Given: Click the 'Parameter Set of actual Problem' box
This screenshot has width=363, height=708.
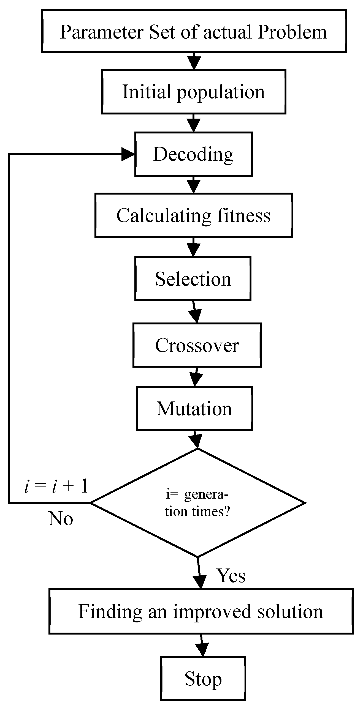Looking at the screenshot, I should click(194, 31).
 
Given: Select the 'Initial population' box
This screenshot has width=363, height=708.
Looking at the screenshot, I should click(193, 92).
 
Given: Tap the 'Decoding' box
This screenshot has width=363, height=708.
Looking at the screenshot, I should click(193, 154).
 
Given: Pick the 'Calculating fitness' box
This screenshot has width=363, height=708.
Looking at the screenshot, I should click(193, 215).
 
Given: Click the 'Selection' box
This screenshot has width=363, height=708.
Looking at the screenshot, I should click(193, 278).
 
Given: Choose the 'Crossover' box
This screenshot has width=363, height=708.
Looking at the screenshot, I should click(197, 345).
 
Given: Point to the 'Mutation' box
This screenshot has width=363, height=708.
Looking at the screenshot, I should click(194, 408).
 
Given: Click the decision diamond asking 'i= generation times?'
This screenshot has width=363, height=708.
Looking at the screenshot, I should click(197, 503).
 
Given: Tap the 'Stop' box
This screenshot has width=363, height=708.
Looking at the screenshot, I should click(203, 678).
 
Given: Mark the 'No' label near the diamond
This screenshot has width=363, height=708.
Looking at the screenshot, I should click(61, 519).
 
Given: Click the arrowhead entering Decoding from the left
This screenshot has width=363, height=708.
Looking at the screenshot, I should click(128, 154).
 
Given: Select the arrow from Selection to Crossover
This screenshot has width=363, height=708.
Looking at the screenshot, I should click(194, 312).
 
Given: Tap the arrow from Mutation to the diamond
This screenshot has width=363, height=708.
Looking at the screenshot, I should click(196, 439).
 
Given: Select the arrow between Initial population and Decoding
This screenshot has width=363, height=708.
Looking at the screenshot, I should click(194, 123).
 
